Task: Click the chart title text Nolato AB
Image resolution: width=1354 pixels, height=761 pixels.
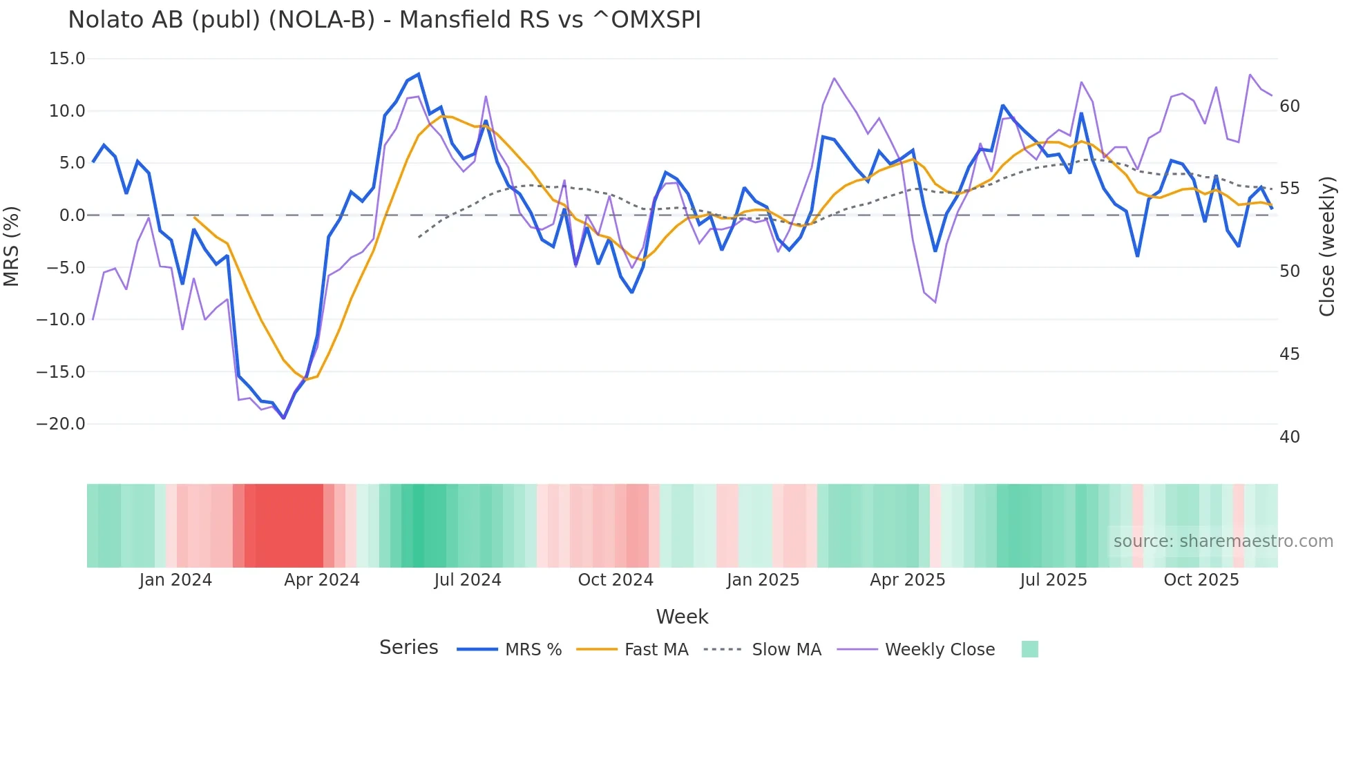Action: [384, 20]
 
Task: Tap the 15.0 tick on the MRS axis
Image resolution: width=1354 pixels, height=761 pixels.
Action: [67, 59]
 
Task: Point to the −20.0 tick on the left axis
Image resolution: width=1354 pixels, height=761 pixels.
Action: [61, 424]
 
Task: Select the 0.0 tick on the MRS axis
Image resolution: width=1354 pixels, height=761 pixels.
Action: [73, 215]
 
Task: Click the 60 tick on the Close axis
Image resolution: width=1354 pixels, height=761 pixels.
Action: [1289, 106]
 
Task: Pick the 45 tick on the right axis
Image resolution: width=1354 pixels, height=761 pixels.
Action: [1289, 354]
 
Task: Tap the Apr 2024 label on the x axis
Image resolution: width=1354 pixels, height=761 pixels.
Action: [322, 580]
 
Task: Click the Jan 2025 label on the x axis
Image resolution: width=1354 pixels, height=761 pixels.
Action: [763, 580]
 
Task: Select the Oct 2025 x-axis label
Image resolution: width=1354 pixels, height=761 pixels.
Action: [1201, 580]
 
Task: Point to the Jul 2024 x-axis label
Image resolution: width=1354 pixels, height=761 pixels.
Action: [468, 580]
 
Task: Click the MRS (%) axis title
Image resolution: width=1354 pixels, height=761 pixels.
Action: [12, 247]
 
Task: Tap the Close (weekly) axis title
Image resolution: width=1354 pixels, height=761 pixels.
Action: [1327, 247]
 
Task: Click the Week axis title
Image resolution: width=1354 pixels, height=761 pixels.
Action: [682, 617]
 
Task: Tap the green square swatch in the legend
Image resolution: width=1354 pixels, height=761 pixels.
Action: [1029, 649]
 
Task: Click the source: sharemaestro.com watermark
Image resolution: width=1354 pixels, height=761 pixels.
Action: [1223, 541]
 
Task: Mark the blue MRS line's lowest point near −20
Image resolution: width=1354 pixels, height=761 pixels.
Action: [284, 418]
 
